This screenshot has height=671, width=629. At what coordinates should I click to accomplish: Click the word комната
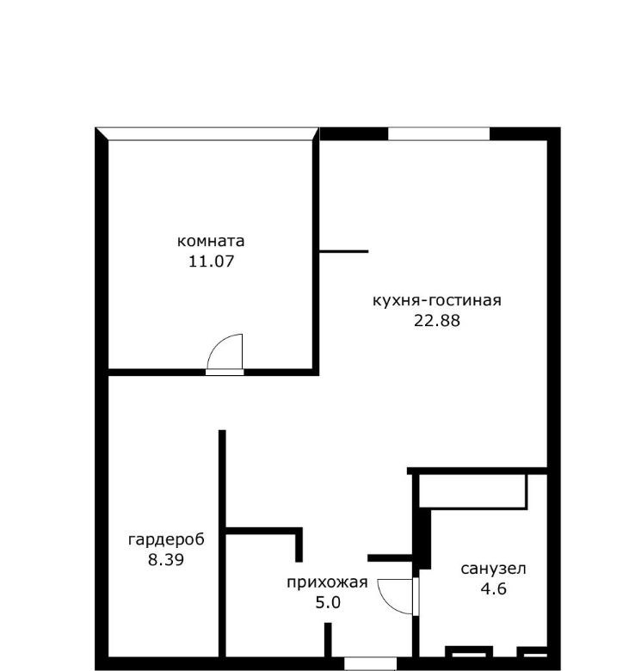click(x=211, y=242)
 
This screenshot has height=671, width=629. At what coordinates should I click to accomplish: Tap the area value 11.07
click(x=212, y=261)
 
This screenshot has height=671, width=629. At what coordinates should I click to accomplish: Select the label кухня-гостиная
click(x=437, y=300)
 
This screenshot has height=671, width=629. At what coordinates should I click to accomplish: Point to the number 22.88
click(x=437, y=321)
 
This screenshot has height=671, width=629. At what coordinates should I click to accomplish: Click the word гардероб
click(x=167, y=540)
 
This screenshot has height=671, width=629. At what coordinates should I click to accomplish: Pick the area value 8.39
click(x=166, y=559)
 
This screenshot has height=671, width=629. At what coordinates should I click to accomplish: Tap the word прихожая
click(x=327, y=583)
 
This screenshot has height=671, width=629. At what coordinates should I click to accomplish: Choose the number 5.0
click(x=328, y=602)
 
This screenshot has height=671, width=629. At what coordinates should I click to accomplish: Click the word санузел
click(x=493, y=569)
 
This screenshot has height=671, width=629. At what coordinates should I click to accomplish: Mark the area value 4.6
click(x=494, y=588)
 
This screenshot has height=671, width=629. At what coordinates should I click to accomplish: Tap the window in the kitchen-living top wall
click(x=439, y=134)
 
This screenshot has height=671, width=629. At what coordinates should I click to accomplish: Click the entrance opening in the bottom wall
click(x=370, y=663)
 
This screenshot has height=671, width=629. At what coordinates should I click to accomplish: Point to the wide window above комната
click(x=207, y=134)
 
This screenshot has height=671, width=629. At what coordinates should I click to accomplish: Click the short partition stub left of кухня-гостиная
click(x=344, y=251)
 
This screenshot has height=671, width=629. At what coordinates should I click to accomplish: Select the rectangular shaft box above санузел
click(x=472, y=491)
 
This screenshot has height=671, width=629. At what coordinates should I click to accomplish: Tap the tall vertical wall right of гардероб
click(x=222, y=544)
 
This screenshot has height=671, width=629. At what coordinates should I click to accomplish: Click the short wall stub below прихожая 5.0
click(x=328, y=640)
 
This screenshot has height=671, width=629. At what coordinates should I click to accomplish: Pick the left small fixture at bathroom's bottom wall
click(x=469, y=652)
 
